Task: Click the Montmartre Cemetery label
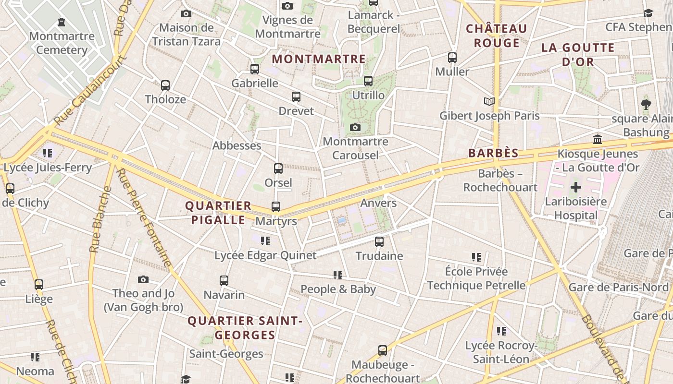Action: pos(62,43)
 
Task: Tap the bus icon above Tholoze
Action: pos(165,85)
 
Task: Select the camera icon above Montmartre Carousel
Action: pos(355,127)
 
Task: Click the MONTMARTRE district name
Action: pos(319,59)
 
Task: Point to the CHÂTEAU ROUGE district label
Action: pos(497,36)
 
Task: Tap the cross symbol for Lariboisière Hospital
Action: pos(575,187)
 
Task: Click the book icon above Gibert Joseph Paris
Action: pos(489,101)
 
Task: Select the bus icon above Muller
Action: pos(452,58)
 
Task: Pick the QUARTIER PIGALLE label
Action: pos(218,213)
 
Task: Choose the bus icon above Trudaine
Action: pos(379,241)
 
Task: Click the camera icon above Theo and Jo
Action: pos(143,279)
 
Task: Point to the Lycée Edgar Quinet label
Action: pos(265,255)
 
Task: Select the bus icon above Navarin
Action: pos(224,281)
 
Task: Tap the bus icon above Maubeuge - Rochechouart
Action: pos(383,350)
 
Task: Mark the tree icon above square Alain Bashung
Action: pos(646,104)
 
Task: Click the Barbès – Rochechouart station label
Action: pos(500,180)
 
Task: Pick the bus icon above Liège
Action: pos(39,285)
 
